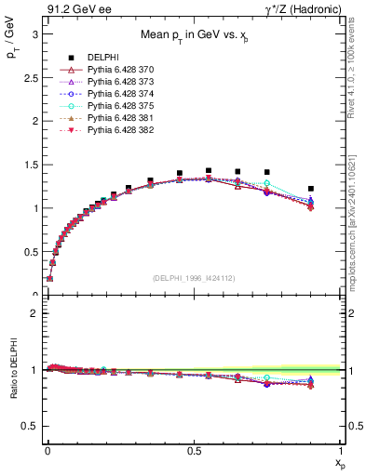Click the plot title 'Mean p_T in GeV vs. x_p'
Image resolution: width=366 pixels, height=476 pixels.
point(193,37)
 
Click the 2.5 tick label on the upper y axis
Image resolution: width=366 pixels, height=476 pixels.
point(32,76)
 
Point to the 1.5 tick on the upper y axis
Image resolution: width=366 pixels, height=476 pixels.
point(32,165)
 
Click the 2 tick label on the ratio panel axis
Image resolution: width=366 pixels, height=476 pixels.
point(35,313)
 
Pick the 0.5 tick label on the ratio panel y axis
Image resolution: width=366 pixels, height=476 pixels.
point(32,426)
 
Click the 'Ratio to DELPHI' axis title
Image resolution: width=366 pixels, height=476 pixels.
point(13,369)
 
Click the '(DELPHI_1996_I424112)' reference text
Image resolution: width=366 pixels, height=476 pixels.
point(193,277)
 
